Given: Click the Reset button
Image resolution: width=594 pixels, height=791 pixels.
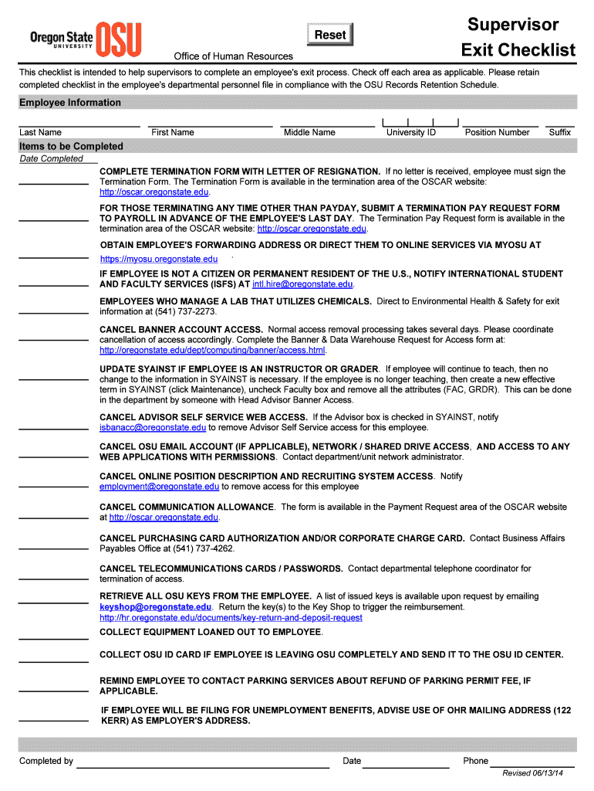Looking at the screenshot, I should pos(330,35).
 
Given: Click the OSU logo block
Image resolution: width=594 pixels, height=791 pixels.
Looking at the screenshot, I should pos(120,39).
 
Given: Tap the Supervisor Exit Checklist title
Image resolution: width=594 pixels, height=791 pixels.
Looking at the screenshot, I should pos(518,38).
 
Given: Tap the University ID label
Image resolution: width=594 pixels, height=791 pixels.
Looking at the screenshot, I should pos(411,133).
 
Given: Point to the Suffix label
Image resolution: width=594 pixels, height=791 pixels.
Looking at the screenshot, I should pos(560,133).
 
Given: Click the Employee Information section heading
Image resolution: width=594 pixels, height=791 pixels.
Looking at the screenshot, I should pos(70,103).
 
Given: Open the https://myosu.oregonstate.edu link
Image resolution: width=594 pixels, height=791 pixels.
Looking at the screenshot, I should pos(159,260).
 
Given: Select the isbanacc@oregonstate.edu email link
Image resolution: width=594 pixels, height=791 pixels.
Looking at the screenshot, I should pos(153,427).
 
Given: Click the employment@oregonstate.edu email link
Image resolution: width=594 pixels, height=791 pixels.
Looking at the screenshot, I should pos(160,487).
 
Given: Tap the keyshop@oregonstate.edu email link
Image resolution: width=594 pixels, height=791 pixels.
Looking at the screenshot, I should pos(156,607).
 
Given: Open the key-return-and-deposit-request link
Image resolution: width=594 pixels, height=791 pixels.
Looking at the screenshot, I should pos(231,618).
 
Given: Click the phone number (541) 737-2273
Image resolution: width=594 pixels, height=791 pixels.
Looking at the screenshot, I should pos(186,312).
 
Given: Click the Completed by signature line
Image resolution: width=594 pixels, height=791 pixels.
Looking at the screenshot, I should pos(202,766).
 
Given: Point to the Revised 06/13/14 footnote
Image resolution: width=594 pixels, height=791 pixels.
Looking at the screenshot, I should pos(533,773).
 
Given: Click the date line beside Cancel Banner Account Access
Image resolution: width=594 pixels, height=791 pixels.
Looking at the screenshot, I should pos(53,339).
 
